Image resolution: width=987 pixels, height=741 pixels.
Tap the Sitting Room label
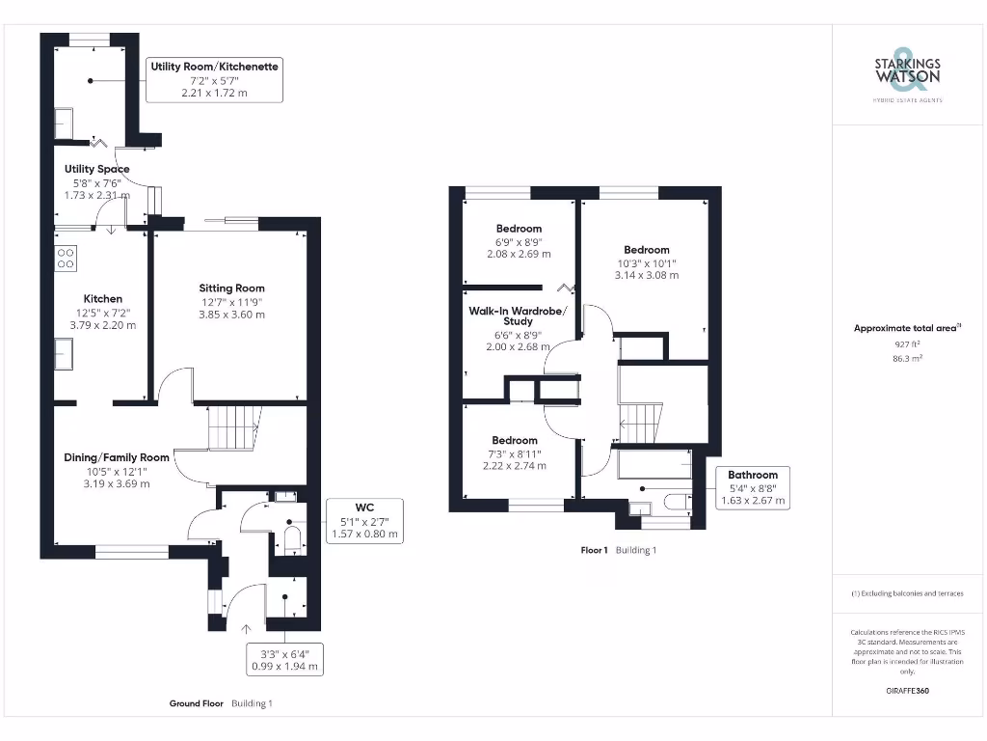click(x=231, y=288)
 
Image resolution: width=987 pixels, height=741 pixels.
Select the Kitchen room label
click(x=102, y=299)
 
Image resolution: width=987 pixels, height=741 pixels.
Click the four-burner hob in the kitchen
click(x=67, y=258)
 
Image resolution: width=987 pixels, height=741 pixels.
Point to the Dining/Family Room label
click(x=117, y=457)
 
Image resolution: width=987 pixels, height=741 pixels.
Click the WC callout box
click(x=364, y=520)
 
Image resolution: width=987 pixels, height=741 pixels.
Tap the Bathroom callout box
click(x=753, y=487)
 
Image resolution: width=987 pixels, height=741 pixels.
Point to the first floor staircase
click(x=638, y=422)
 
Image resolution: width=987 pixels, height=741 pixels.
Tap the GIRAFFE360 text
click(x=907, y=691)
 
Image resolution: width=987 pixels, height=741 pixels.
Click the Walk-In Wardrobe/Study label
click(x=519, y=316)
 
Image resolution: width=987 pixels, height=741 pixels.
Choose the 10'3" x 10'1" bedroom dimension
click(x=646, y=262)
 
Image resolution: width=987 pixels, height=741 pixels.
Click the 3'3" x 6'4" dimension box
click(x=284, y=659)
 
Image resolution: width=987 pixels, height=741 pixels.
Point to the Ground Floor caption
click(x=198, y=703)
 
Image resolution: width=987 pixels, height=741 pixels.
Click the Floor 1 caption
click(x=594, y=550)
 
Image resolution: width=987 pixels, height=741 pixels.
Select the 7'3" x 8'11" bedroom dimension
click(x=515, y=453)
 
